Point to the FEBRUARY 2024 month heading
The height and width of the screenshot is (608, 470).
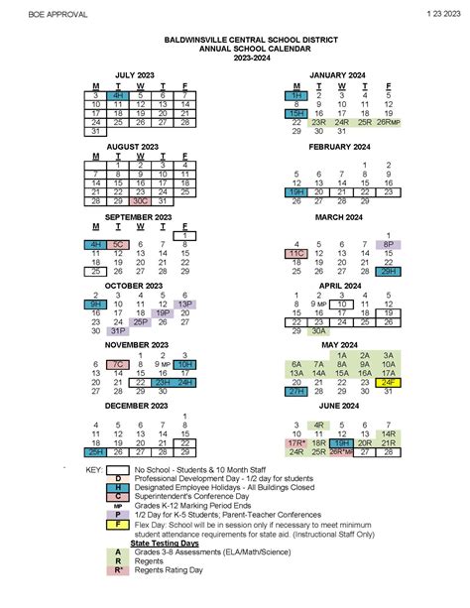point(339,146)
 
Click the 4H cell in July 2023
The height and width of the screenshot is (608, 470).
point(118,94)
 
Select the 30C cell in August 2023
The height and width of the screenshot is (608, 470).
point(140,200)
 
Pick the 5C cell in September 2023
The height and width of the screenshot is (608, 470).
point(118,244)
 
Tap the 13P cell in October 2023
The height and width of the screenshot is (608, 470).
point(184,304)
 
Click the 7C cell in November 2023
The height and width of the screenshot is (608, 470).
point(118,365)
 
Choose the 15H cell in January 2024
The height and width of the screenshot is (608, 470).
point(295,113)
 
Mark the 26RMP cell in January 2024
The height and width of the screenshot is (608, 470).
point(388,122)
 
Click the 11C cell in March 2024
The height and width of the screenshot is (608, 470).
point(295,253)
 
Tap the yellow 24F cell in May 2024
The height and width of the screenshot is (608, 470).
point(388,382)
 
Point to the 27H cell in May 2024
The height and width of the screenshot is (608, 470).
point(295,392)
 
